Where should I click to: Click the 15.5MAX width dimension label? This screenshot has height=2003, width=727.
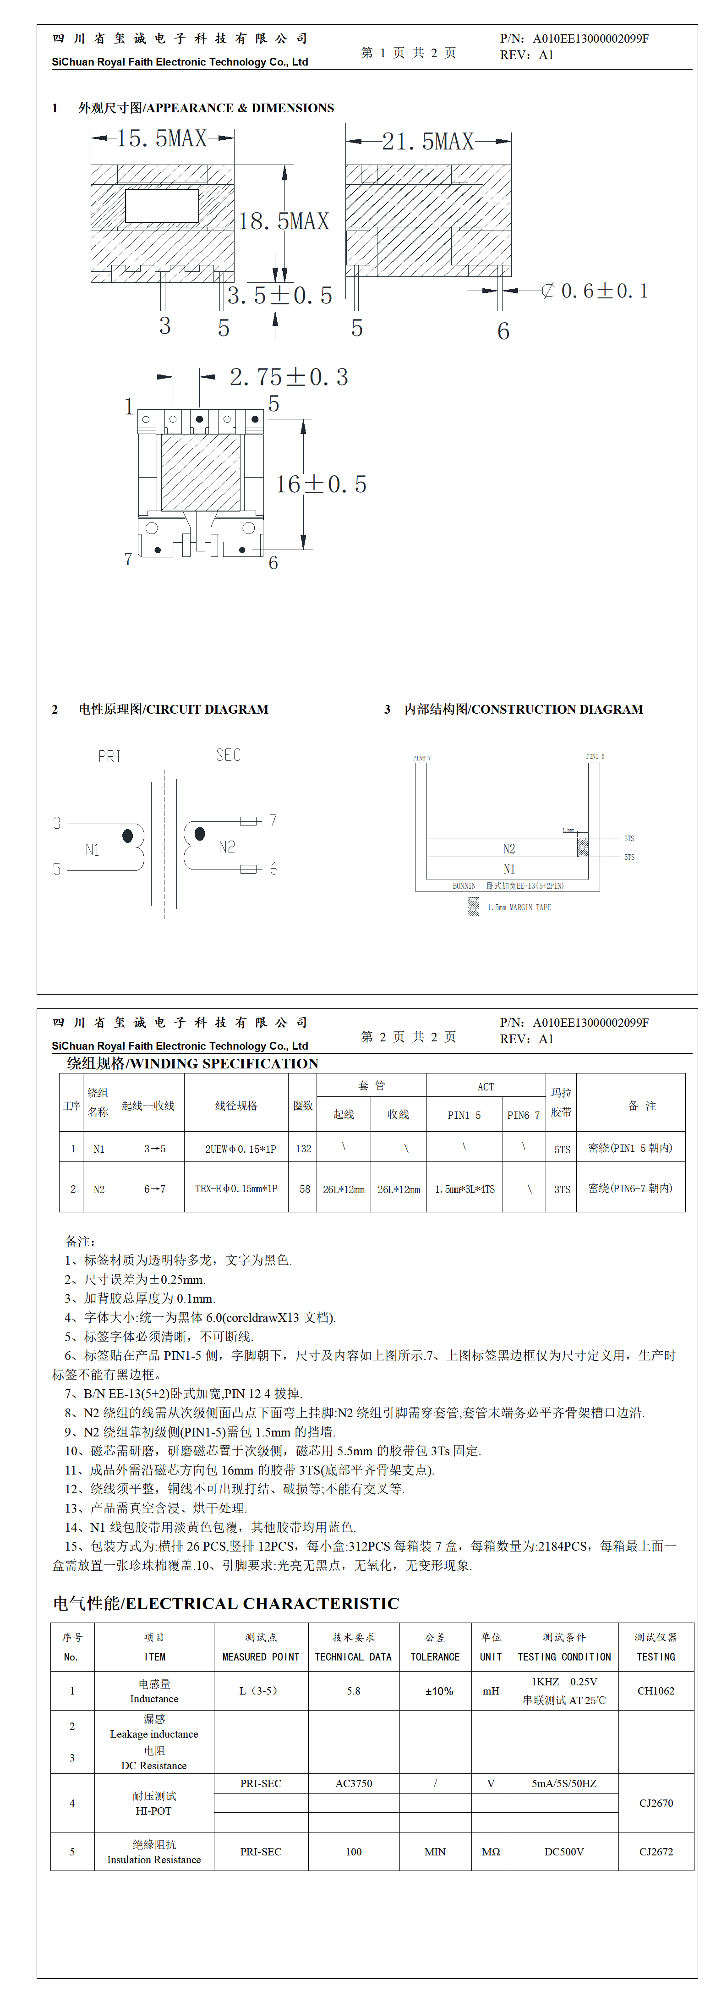click(162, 138)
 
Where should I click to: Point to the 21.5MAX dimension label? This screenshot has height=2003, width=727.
click(428, 142)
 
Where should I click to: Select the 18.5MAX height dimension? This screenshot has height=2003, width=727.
click(284, 221)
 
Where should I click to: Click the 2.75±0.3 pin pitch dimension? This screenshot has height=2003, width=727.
click(289, 377)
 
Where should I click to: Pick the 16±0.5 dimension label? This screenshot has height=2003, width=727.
click(320, 484)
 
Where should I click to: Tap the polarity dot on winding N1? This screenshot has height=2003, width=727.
click(127, 836)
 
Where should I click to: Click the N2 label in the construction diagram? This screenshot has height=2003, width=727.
click(508, 848)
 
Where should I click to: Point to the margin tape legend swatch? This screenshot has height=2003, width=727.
click(473, 907)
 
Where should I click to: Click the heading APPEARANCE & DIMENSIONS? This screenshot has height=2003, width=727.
click(206, 108)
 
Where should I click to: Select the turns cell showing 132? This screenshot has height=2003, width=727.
click(303, 1149)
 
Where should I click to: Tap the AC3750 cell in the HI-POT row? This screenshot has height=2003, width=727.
click(354, 1783)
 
